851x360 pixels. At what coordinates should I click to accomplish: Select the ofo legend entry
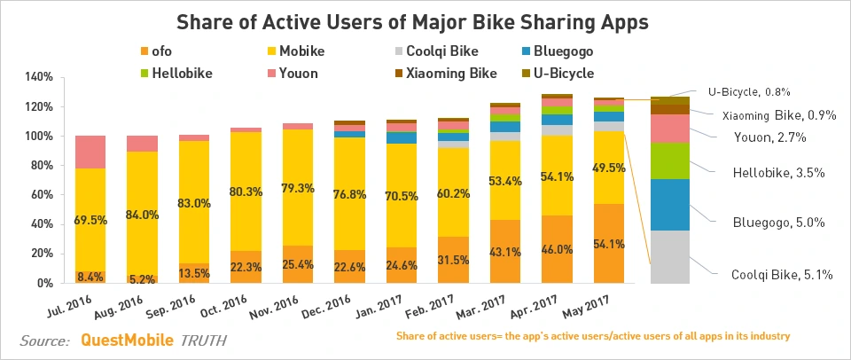pyautogui.click(x=160, y=51)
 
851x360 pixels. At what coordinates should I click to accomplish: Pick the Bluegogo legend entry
pyautogui.click(x=560, y=51)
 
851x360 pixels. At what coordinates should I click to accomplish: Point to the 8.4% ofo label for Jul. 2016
pyautogui.click(x=90, y=277)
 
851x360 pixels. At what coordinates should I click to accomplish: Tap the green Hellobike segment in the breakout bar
pyautogui.click(x=670, y=160)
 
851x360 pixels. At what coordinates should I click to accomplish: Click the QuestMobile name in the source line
pyautogui.click(x=128, y=340)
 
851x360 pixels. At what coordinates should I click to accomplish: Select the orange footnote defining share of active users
pyautogui.click(x=592, y=337)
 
